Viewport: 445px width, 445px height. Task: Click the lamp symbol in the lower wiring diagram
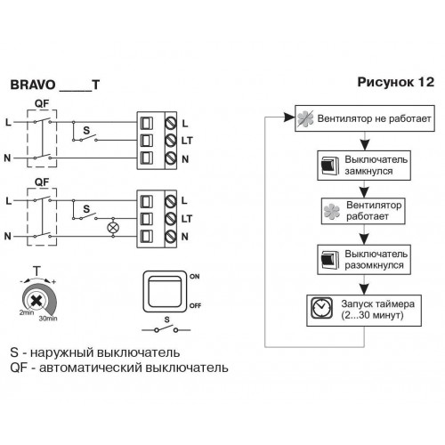click(113, 228)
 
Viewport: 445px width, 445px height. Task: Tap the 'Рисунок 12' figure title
click(395, 82)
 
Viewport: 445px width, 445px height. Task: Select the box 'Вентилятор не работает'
click(365, 118)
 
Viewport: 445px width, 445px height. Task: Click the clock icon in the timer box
click(322, 308)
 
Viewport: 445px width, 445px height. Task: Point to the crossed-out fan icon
click(305, 118)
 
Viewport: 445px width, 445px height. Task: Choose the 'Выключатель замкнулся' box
click(364, 166)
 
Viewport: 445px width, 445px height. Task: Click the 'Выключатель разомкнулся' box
click(364, 260)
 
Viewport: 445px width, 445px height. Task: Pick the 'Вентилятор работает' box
click(363, 211)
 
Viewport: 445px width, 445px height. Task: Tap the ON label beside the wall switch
click(195, 277)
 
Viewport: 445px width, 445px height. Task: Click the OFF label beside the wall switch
click(195, 305)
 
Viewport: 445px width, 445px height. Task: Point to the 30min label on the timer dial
click(48, 319)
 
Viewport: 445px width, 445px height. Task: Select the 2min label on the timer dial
click(27, 312)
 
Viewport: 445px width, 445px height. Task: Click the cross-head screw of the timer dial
click(36, 301)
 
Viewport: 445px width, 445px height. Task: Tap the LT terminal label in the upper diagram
click(187, 141)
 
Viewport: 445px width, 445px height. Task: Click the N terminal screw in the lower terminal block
click(171, 237)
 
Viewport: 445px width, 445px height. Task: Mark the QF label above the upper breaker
click(42, 103)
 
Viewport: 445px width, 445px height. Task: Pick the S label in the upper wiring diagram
click(86, 130)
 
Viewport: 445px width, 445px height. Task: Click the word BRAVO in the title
click(33, 85)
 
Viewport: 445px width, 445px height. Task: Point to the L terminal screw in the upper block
click(171, 123)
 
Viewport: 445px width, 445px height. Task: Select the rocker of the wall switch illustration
click(165, 292)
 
